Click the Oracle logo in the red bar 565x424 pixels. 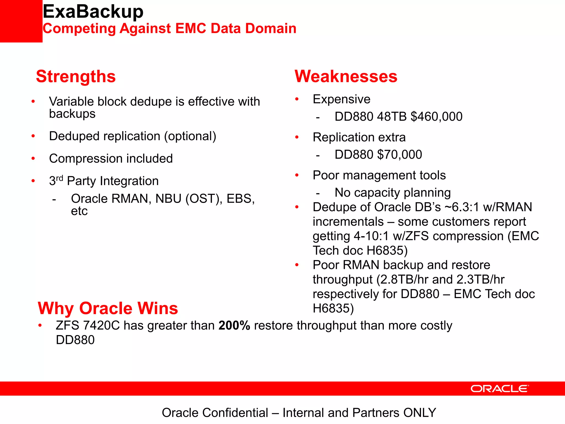pos(500,389)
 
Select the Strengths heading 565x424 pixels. pos(76,76)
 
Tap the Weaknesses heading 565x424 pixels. pos(346,76)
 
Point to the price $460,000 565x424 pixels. pos(436,116)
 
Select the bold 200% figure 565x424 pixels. pos(234,325)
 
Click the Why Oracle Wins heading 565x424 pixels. pos(108,308)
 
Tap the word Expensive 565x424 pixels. pos(342,99)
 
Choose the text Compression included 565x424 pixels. pos(111,159)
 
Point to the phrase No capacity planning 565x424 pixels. pos(393,193)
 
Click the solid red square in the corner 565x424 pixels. pos(21,21)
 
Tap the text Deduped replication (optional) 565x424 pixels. pos(132,136)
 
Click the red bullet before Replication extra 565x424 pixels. pos(297,137)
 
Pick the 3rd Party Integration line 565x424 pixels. pos(104,181)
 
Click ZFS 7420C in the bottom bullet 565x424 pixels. pos(87,325)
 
